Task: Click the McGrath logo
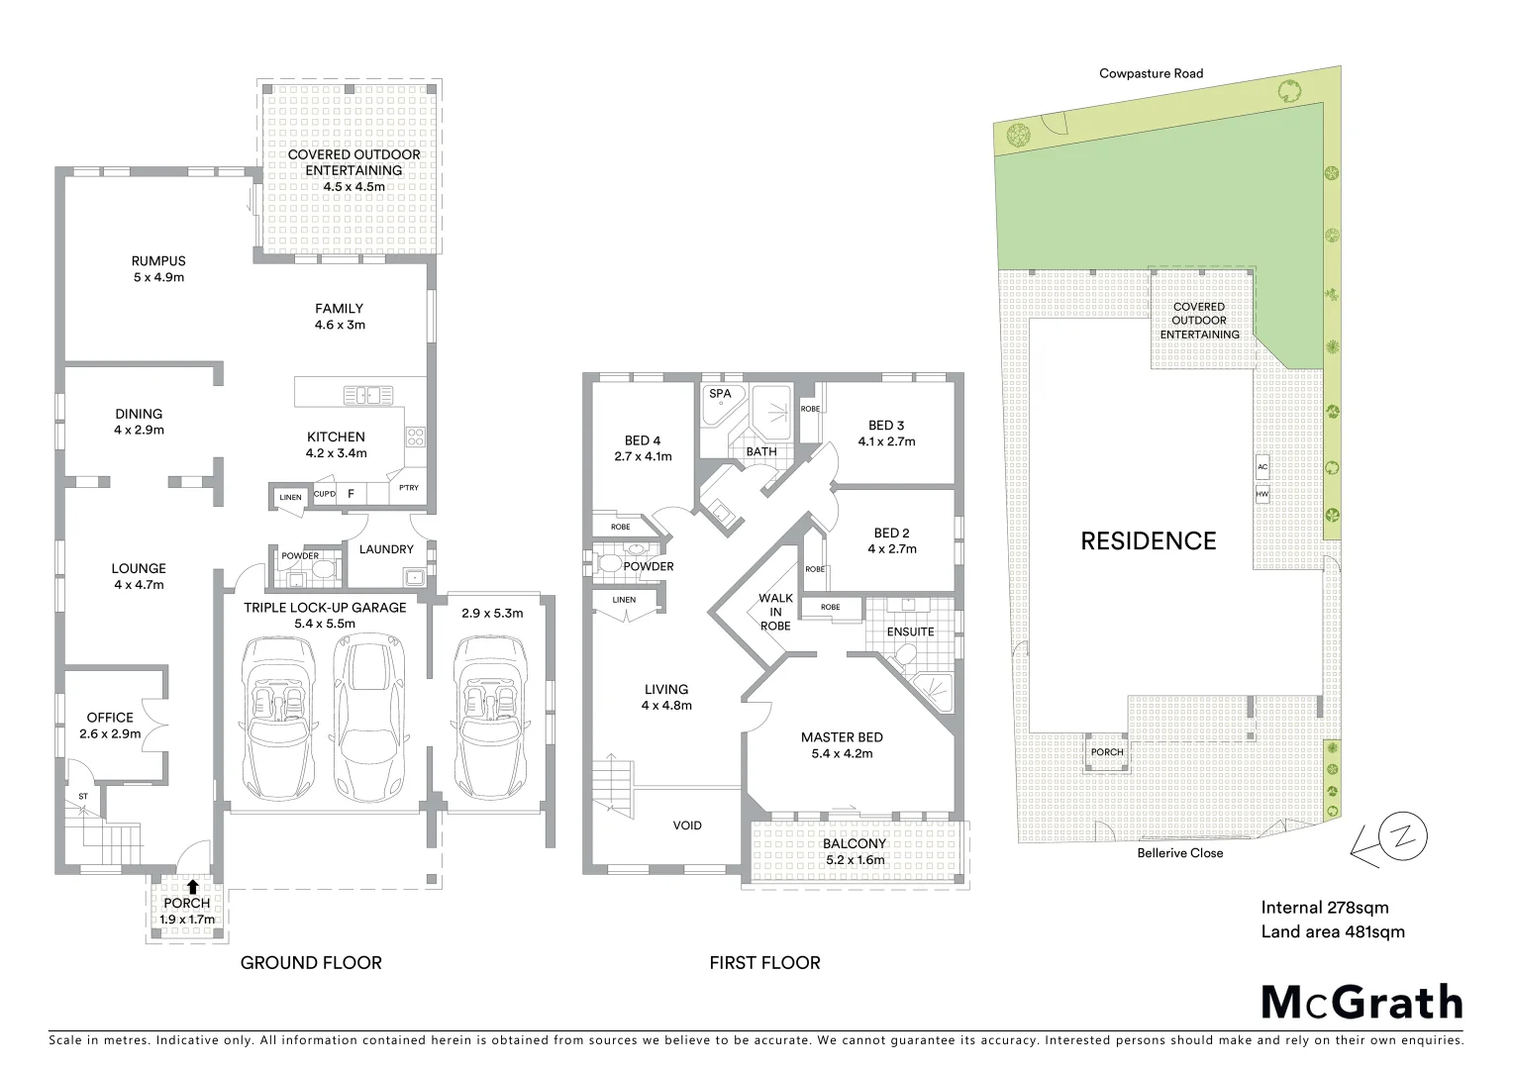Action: (1362, 1002)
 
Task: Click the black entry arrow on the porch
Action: (192, 887)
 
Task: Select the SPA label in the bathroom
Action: (720, 394)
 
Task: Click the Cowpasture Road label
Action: (1151, 73)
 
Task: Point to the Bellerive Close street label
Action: (1179, 853)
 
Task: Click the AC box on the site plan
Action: (1262, 466)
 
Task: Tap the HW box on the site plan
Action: (1262, 493)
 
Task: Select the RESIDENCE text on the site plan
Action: (1148, 540)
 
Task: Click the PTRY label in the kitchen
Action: (408, 487)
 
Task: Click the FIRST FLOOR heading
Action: (764, 962)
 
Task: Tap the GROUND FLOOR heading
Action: (311, 962)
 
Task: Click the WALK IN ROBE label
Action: (775, 612)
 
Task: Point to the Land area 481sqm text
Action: (1332, 931)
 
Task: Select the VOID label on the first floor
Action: (687, 826)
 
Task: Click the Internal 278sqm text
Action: (1324, 908)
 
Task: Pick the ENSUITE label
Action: (910, 632)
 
